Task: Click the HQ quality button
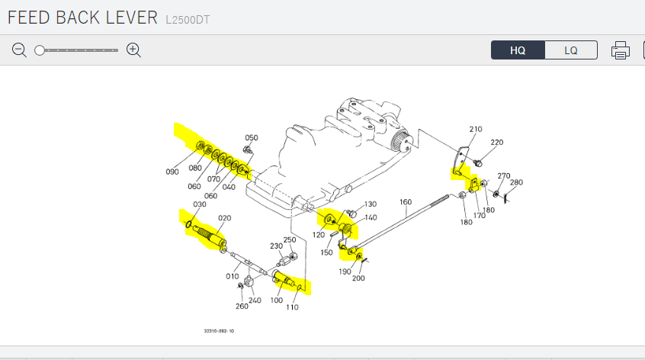[518, 50]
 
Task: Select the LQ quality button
[571, 50]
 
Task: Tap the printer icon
[621, 51]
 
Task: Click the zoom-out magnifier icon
[20, 50]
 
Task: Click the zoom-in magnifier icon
[134, 50]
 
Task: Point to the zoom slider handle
[40, 50]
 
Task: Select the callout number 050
[251, 138]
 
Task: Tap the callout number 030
[200, 204]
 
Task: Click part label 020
[224, 218]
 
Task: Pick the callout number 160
[406, 202]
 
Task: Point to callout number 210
[476, 130]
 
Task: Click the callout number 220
[497, 143]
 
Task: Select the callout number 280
[516, 182]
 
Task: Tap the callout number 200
[358, 278]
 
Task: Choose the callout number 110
[292, 307]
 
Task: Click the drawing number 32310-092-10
[219, 331]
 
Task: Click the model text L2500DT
[188, 19]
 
